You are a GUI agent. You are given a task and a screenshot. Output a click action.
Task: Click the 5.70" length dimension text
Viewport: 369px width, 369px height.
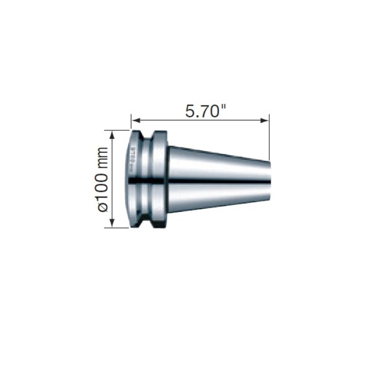point(202,110)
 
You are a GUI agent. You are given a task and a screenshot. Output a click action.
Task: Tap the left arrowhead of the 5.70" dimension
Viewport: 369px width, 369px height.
point(135,120)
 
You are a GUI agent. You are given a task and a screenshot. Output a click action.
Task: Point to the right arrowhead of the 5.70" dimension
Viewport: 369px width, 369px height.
point(265,120)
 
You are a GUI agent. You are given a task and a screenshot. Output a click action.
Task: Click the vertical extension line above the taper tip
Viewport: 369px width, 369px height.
point(269,137)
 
